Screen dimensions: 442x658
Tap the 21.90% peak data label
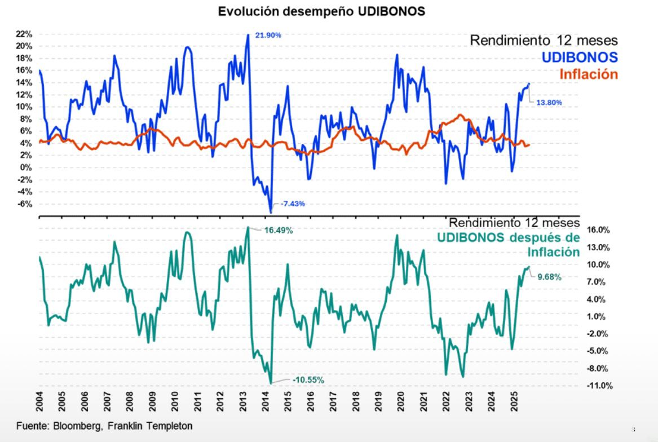click(268, 35)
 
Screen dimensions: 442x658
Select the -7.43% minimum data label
click(293, 204)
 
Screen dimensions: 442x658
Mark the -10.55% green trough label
click(308, 380)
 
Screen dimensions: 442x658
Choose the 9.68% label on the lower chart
click(549, 277)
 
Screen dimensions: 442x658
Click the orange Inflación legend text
click(589, 74)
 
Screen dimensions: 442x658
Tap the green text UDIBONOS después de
click(508, 238)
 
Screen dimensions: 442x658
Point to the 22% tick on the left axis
click(24, 34)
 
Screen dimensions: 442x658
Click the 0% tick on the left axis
click(27, 167)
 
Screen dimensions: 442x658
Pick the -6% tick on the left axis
click(25, 204)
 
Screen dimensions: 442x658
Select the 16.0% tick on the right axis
click(599, 230)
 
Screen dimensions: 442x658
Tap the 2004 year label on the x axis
click(39, 400)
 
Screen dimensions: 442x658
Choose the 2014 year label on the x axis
click(265, 400)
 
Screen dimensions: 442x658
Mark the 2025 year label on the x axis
click(514, 400)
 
